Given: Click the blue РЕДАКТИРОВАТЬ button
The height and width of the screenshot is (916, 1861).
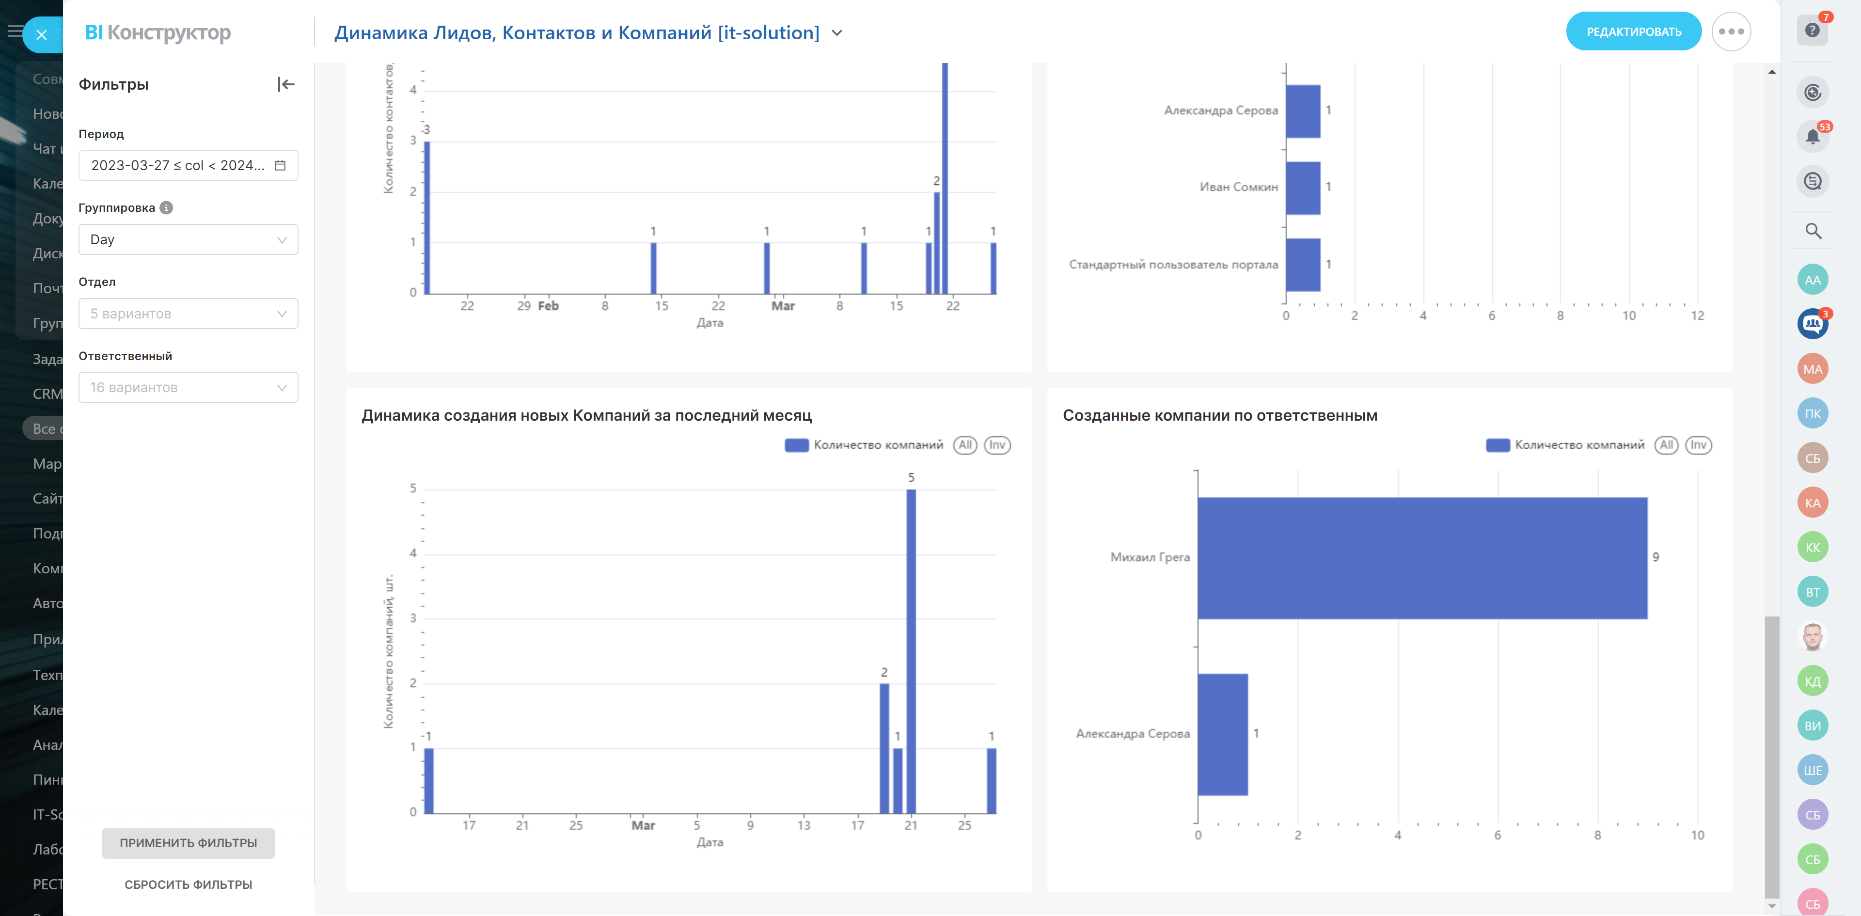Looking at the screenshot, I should click(1633, 32).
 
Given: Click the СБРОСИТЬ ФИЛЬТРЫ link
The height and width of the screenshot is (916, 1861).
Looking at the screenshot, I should click(188, 884).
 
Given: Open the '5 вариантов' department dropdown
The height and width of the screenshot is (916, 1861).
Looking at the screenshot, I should click(188, 314).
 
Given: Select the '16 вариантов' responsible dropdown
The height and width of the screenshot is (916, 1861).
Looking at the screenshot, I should click(188, 388).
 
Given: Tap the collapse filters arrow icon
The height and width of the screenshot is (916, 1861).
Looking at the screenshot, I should click(286, 84).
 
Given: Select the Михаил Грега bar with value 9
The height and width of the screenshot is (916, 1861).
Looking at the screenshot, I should click(1422, 558).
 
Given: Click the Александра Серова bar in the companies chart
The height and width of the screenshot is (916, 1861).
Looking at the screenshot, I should click(1222, 734).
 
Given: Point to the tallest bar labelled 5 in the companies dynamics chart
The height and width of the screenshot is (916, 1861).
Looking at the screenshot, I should click(911, 650).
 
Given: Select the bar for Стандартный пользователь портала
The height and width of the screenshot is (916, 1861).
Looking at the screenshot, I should click(1303, 265).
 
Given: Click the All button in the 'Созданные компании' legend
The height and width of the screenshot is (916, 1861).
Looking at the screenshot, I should click(1666, 445).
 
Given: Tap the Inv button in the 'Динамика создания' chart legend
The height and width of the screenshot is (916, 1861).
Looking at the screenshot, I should click(997, 445).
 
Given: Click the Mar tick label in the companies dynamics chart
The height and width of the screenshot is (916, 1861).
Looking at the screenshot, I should click(643, 825).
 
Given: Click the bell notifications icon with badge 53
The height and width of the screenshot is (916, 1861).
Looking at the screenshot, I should click(1812, 137).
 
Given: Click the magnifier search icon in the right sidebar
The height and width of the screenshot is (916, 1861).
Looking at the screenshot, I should click(1813, 231).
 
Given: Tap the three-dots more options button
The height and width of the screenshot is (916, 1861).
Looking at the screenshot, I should click(1731, 32).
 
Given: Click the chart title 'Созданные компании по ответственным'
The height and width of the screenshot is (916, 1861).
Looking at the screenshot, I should click(1219, 415).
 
